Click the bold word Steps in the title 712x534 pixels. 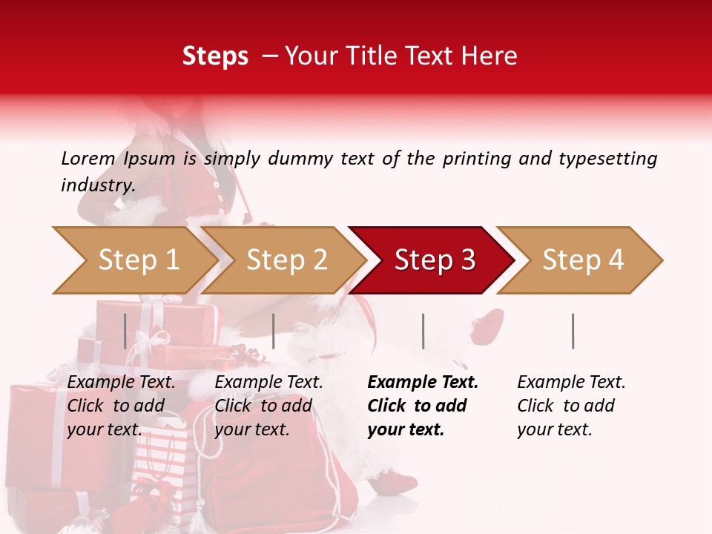[x=215, y=56]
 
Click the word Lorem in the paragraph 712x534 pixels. [x=88, y=158]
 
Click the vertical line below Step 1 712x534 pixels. [x=125, y=331]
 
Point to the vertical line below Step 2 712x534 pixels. [x=274, y=331]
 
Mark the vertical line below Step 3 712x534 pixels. [x=423, y=331]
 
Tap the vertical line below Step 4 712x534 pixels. [x=573, y=331]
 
